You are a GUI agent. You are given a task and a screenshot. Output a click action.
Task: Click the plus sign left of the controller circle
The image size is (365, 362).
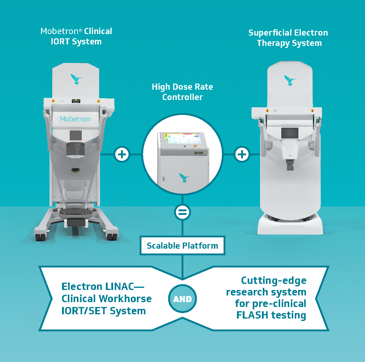coord(122,154)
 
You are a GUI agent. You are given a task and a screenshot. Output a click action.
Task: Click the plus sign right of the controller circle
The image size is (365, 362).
coord(242,154)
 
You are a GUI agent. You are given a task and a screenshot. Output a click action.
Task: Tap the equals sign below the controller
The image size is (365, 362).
coord(182,212)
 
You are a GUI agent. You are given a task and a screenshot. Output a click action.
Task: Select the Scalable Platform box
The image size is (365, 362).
coord(182,246)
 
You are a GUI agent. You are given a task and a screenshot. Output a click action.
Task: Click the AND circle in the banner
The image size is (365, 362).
coord(182,299)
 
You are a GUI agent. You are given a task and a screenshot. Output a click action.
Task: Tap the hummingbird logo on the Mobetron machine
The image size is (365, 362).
coord(76,79)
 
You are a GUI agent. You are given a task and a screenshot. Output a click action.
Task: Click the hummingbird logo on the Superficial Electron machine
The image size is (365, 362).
coord(290,80)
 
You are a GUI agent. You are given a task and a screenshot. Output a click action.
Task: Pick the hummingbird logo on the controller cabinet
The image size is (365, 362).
coord(184,178)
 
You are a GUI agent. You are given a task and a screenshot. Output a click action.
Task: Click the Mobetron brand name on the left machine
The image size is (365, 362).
coord(75,119)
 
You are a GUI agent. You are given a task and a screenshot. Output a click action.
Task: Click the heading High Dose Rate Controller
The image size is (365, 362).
coord(182,92)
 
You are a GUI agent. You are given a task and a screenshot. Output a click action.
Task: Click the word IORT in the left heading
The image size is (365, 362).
coord(60,42)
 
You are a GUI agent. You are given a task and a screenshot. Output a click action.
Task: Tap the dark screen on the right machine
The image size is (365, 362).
coord(290,133)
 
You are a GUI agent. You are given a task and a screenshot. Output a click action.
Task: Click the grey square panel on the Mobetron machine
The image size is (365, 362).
coord(76,135)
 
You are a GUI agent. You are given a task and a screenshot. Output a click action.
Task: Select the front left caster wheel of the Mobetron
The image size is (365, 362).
coord(39,236)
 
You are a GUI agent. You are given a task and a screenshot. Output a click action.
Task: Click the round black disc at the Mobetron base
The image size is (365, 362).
coord(76,212)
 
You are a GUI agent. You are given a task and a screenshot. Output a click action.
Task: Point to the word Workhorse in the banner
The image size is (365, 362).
coord(131,299)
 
